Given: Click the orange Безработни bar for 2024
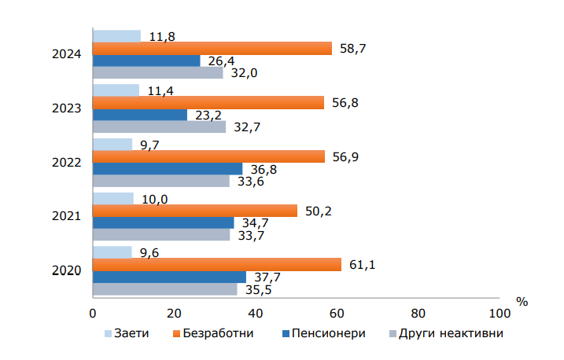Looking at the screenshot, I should (x=212, y=49).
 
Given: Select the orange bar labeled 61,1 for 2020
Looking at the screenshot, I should (x=217, y=265).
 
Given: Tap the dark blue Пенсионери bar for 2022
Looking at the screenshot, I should (x=168, y=169).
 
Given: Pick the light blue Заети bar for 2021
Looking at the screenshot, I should (x=113, y=199).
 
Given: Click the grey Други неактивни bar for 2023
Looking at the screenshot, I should (x=159, y=127).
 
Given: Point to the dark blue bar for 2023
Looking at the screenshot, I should (x=140, y=115).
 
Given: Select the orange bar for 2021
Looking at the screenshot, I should (x=195, y=211).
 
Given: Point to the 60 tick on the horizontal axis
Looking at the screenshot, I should (x=337, y=313).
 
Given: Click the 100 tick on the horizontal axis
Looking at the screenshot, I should (x=499, y=313).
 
